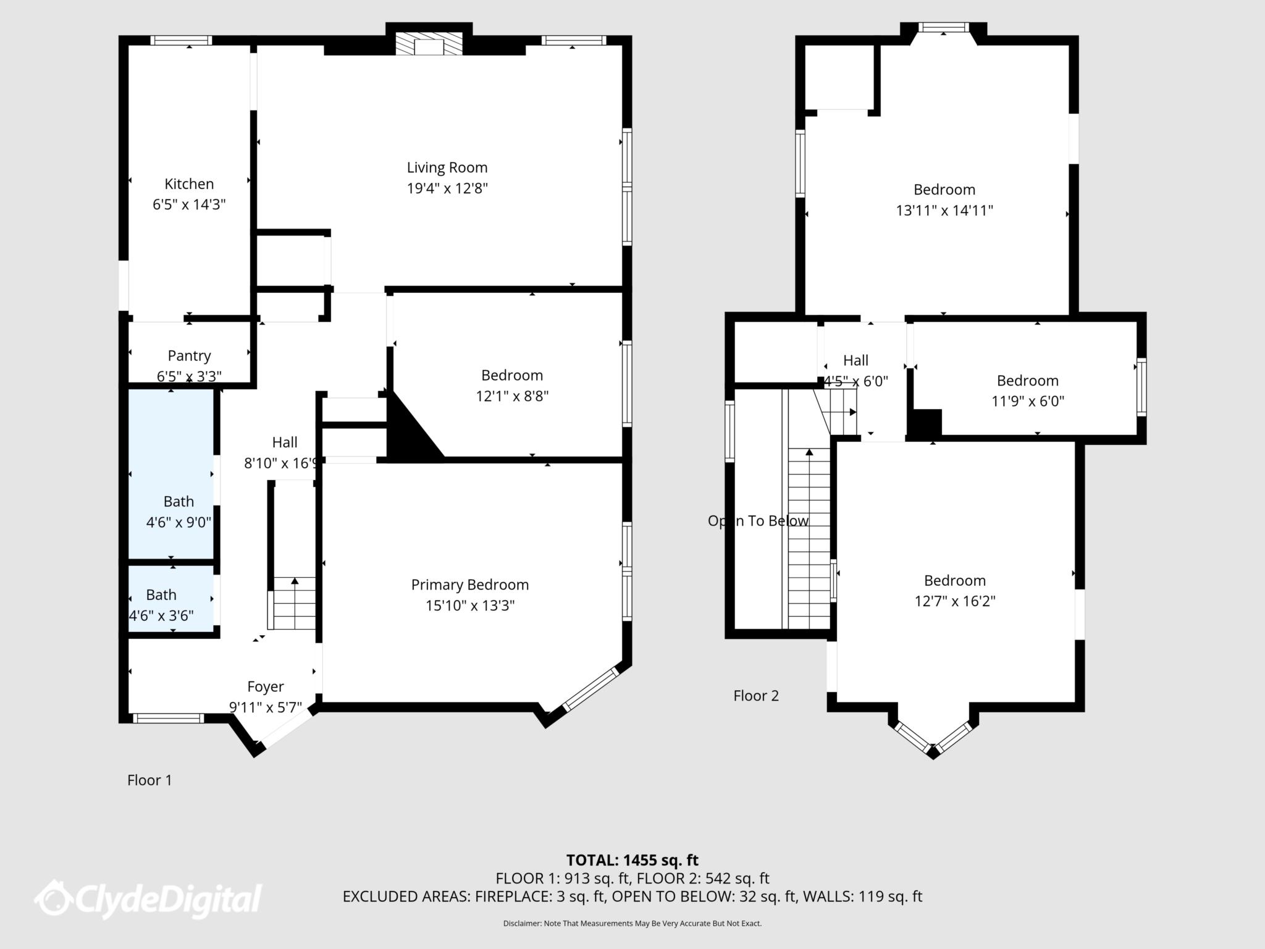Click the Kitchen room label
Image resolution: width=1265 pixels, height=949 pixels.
tap(189, 184)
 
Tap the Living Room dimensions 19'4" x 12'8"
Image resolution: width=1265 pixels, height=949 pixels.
tap(447, 188)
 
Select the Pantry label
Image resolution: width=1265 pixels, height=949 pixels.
tap(189, 356)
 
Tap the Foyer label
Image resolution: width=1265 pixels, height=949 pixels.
tap(266, 686)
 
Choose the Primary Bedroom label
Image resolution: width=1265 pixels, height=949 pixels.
tap(469, 584)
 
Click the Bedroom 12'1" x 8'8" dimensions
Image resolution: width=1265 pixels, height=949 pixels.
tap(512, 396)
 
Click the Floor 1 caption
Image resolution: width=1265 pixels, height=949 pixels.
tap(149, 780)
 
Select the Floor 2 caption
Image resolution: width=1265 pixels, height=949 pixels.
tap(756, 696)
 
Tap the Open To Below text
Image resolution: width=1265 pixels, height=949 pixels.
tap(758, 521)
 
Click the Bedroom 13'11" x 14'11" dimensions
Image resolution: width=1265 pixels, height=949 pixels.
tap(944, 211)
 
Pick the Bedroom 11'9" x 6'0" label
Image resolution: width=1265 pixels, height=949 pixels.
tap(1027, 381)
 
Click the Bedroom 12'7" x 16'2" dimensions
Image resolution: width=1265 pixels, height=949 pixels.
tap(955, 601)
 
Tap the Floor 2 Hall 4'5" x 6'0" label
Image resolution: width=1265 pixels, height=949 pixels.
tap(855, 361)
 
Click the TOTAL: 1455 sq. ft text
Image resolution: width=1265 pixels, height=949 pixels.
tap(632, 860)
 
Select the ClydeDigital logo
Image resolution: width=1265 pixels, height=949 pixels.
tap(148, 898)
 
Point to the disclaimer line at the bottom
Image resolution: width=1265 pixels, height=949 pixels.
tap(632, 924)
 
